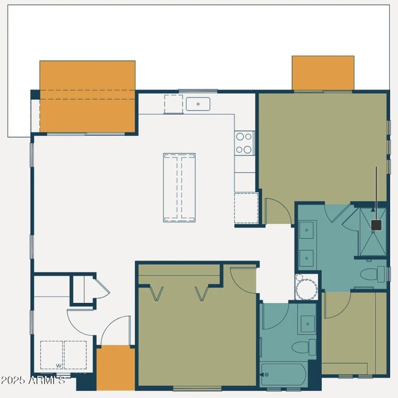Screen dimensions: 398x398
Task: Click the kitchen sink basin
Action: click(x=198, y=104)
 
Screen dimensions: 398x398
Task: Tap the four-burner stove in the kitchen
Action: click(x=244, y=143)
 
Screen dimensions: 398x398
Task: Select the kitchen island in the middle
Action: click(x=179, y=187)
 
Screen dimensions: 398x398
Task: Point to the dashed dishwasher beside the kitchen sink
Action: click(x=173, y=104)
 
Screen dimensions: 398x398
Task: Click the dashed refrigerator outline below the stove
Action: click(x=246, y=207)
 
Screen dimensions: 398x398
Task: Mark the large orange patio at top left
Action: click(x=87, y=96)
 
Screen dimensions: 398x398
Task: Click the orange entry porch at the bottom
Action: click(x=115, y=368)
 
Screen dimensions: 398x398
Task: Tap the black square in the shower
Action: click(x=376, y=225)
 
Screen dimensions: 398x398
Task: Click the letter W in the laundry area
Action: click(x=58, y=366)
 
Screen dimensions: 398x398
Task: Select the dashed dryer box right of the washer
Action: click(x=75, y=355)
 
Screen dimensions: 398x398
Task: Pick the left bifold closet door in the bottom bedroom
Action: click(x=156, y=294)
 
